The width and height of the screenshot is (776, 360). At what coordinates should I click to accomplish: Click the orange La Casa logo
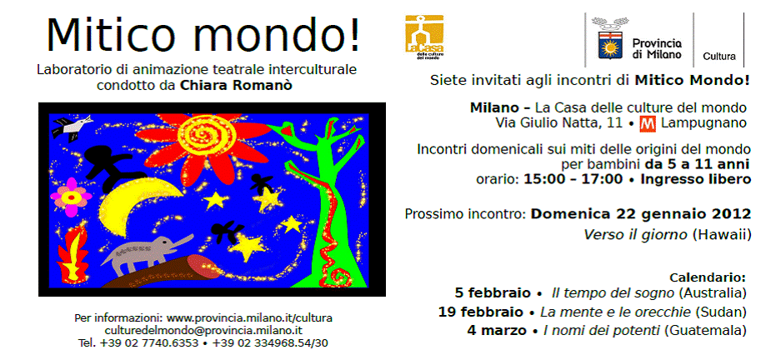pyautogui.click(x=424, y=37)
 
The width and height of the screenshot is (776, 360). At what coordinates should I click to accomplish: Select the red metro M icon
pyautogui.click(x=648, y=123)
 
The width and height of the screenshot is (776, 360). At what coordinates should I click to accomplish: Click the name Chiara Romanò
pyautogui.click(x=236, y=86)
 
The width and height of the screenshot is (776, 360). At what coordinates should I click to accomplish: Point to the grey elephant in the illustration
pyautogui.click(x=146, y=253)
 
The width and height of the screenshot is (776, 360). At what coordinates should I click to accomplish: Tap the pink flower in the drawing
pyautogui.click(x=71, y=197)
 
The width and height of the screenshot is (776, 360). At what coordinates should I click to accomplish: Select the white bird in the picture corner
pyautogui.click(x=73, y=127)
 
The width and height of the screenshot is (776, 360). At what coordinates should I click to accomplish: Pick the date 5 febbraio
pyautogui.click(x=493, y=292)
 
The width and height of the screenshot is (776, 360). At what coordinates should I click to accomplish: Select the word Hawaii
pyautogui.click(x=722, y=234)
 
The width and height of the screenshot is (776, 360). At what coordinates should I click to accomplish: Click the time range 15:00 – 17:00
pyautogui.click(x=573, y=179)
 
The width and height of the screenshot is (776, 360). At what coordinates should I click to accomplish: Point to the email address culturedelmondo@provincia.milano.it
pyautogui.click(x=204, y=330)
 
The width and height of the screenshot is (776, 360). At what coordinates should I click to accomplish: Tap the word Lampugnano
pyautogui.click(x=703, y=123)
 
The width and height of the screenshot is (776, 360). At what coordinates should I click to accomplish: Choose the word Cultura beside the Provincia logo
pyautogui.click(x=719, y=57)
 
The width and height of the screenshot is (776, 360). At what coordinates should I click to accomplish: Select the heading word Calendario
pyautogui.click(x=707, y=277)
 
